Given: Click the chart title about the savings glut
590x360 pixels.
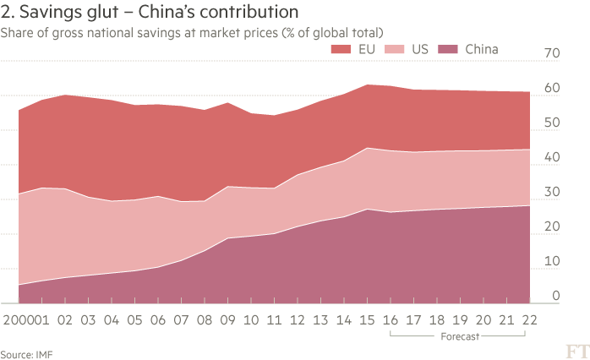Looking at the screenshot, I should [149, 13].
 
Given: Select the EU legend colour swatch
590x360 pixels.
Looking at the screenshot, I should [344, 50].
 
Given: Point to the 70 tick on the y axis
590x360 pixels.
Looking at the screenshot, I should [553, 54].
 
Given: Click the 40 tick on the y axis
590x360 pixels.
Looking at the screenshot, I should [553, 158].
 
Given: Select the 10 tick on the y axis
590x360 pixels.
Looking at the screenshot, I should [553, 262].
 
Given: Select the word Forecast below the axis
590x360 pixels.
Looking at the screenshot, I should [459, 336].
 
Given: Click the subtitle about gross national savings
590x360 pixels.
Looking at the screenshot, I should [193, 32].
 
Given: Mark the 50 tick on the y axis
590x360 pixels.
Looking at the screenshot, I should [553, 123].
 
